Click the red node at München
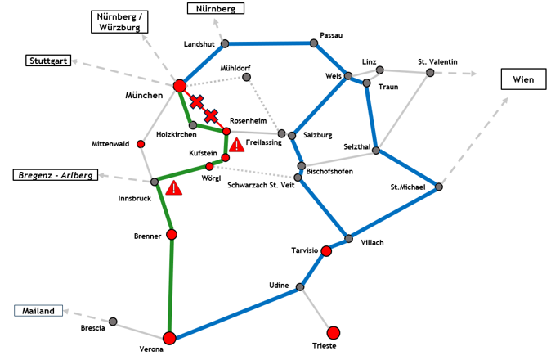(x=180, y=86)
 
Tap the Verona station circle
(x=169, y=338)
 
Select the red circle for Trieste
(x=333, y=332)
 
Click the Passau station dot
(x=314, y=43)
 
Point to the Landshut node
(x=224, y=43)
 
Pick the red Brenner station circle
(x=172, y=235)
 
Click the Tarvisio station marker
(x=326, y=250)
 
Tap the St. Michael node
(x=439, y=187)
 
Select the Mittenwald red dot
(x=141, y=144)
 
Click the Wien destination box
(x=522, y=79)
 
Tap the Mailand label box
(x=38, y=311)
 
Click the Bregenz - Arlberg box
(x=55, y=175)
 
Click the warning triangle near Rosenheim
(x=236, y=145)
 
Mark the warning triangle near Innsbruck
(x=173, y=188)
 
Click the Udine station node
(x=301, y=287)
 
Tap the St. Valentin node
(x=429, y=73)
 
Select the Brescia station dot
(x=113, y=321)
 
